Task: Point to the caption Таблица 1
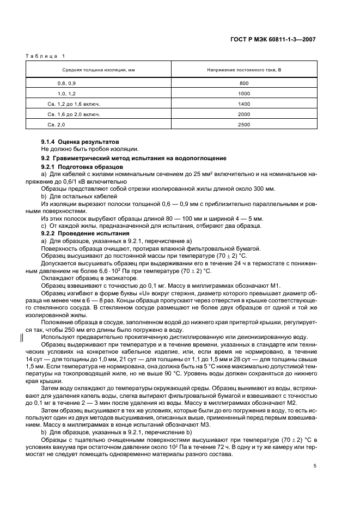tap(45, 56)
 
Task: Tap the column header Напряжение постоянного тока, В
tap(243, 70)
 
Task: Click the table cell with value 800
tap(243, 82)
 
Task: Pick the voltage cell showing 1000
tap(243, 93)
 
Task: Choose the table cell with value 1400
tap(243, 104)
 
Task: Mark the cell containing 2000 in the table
tap(243, 114)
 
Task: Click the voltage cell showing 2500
tap(243, 125)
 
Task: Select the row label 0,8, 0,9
tap(67, 82)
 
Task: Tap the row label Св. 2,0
tap(56, 125)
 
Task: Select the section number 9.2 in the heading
tap(46, 158)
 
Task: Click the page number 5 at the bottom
tap(315, 466)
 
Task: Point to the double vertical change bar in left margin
tap(22, 337)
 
